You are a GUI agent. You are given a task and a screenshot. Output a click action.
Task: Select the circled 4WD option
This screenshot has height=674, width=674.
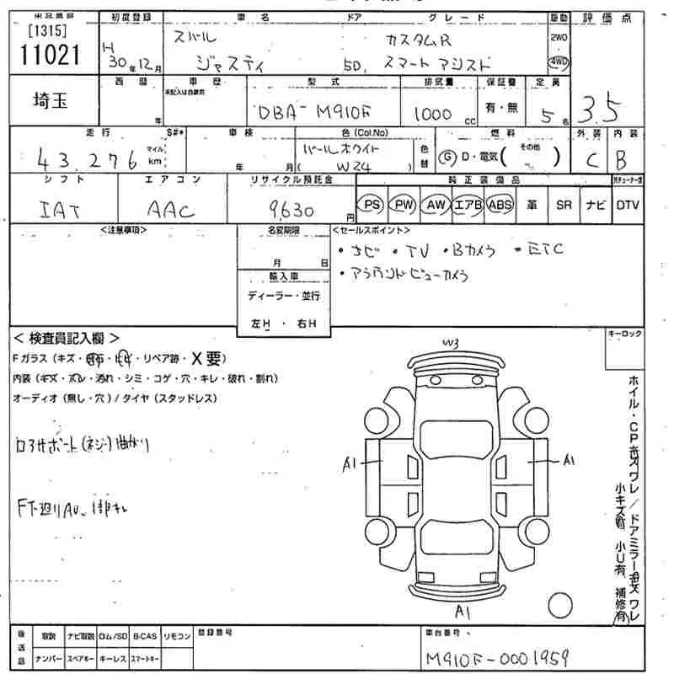(558, 62)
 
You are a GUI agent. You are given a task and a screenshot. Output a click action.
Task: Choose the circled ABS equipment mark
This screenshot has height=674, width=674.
(500, 204)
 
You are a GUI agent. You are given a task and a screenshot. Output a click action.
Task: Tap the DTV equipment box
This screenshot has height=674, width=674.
(627, 204)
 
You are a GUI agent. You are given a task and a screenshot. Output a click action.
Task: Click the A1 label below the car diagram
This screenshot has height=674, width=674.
(462, 609)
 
